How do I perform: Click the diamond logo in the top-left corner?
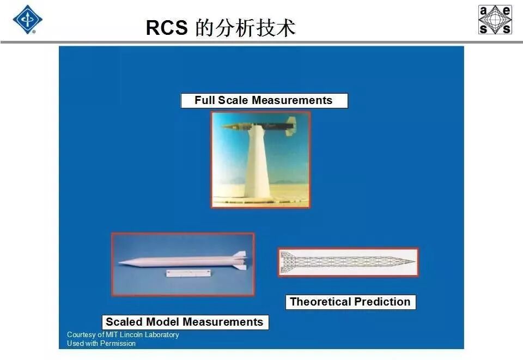coord(27,20)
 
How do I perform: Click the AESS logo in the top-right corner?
coord(495,20)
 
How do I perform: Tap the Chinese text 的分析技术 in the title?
coord(245,28)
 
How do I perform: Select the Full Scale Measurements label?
coord(264,101)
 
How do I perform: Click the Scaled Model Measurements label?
coord(185,322)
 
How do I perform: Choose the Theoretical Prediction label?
coord(350,302)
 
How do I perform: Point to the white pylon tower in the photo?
coord(258,163)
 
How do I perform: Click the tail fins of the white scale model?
coord(240,260)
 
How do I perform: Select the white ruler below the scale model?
coord(188,273)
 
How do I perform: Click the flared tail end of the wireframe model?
coord(284,262)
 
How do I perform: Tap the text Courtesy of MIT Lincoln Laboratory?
coord(123,334)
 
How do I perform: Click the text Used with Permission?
coord(101,344)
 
